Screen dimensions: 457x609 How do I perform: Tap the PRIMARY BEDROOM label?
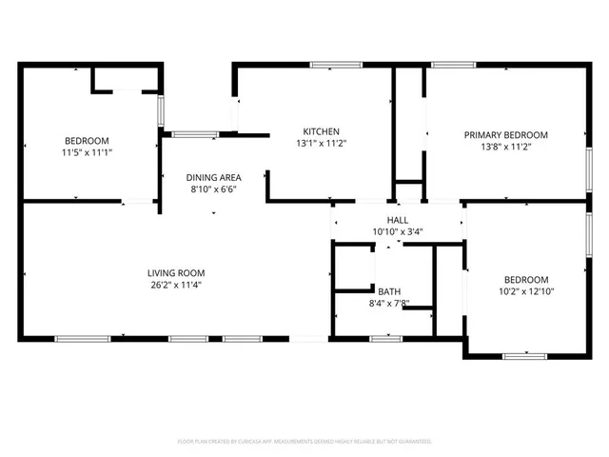click(505, 135)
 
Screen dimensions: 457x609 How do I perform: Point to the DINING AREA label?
click(212, 177)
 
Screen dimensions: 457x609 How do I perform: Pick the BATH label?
click(388, 291)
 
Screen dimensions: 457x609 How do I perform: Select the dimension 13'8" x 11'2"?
click(505, 148)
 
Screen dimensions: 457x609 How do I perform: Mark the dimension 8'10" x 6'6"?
click(212, 189)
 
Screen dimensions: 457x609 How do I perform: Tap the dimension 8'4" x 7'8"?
click(388, 304)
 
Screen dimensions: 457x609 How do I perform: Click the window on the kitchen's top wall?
click(330, 65)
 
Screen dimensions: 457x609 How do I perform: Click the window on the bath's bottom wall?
click(385, 338)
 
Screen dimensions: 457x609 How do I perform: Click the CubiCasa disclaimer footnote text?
click(304, 442)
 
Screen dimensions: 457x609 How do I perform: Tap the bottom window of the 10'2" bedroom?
click(522, 356)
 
